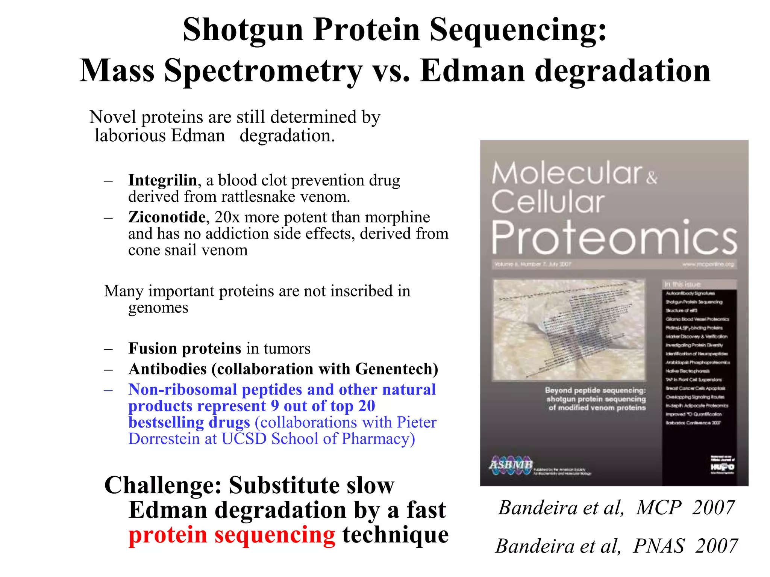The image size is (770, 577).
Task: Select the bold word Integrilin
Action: click(x=162, y=180)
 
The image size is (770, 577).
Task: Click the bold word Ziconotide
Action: click(x=167, y=217)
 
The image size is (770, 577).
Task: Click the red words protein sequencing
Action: click(x=232, y=535)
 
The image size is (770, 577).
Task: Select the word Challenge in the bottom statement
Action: click(x=163, y=485)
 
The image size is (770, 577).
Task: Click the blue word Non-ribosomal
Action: click(x=183, y=390)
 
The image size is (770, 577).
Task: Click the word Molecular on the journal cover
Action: click(x=567, y=174)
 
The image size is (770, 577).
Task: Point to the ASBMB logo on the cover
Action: click(x=511, y=466)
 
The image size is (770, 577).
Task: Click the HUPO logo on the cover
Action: click(x=722, y=467)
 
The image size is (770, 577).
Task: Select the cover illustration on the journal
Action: click(x=569, y=330)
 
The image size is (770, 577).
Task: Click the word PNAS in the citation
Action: click(x=659, y=546)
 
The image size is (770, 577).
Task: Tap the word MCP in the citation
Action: click(x=659, y=508)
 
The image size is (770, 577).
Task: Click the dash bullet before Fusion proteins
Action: click(x=108, y=349)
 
